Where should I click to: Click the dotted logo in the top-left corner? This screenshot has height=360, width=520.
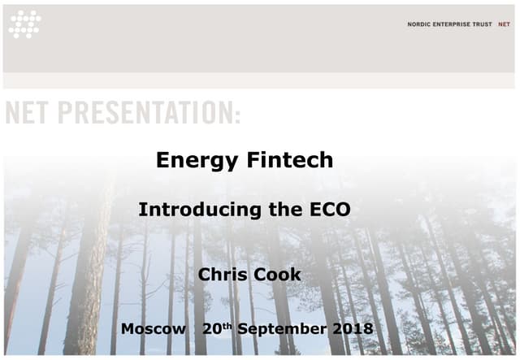pos(24,24)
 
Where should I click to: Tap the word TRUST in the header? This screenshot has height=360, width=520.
pos(482,24)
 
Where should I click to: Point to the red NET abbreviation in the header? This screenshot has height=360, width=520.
pos(504,24)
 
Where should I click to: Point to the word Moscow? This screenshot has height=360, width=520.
pos(153,329)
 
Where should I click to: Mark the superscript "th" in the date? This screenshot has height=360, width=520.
pos(228,325)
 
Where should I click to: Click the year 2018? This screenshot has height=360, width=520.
pos(351,329)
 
